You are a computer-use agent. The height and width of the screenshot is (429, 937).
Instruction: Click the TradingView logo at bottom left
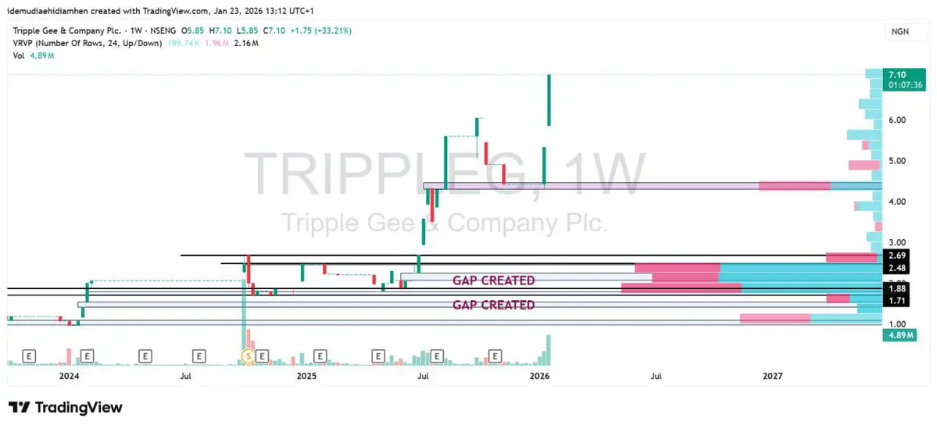(x=66, y=407)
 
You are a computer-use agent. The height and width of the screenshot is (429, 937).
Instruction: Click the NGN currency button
(x=899, y=32)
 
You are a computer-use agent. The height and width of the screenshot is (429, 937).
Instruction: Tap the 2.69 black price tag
(x=897, y=256)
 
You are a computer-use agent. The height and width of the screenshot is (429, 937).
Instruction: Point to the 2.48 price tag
(x=897, y=268)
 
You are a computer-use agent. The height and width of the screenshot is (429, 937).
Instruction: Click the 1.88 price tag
(x=897, y=288)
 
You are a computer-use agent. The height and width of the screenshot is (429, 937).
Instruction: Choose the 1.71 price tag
(x=897, y=300)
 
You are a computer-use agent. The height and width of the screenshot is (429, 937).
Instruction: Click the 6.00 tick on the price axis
(x=896, y=120)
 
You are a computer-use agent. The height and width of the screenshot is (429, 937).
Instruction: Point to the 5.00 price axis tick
(x=896, y=161)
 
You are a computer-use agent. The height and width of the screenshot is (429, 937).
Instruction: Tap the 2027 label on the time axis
(x=772, y=376)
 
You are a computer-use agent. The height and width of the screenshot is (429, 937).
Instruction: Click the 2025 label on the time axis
(x=306, y=376)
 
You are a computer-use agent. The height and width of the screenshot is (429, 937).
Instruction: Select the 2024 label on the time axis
(x=69, y=376)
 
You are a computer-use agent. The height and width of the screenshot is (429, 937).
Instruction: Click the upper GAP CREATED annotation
(x=494, y=281)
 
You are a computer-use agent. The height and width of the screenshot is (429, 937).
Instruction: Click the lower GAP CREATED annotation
(x=494, y=305)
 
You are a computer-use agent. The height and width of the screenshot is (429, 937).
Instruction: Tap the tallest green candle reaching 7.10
(x=549, y=99)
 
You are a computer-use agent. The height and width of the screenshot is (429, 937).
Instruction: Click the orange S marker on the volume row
(x=249, y=356)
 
